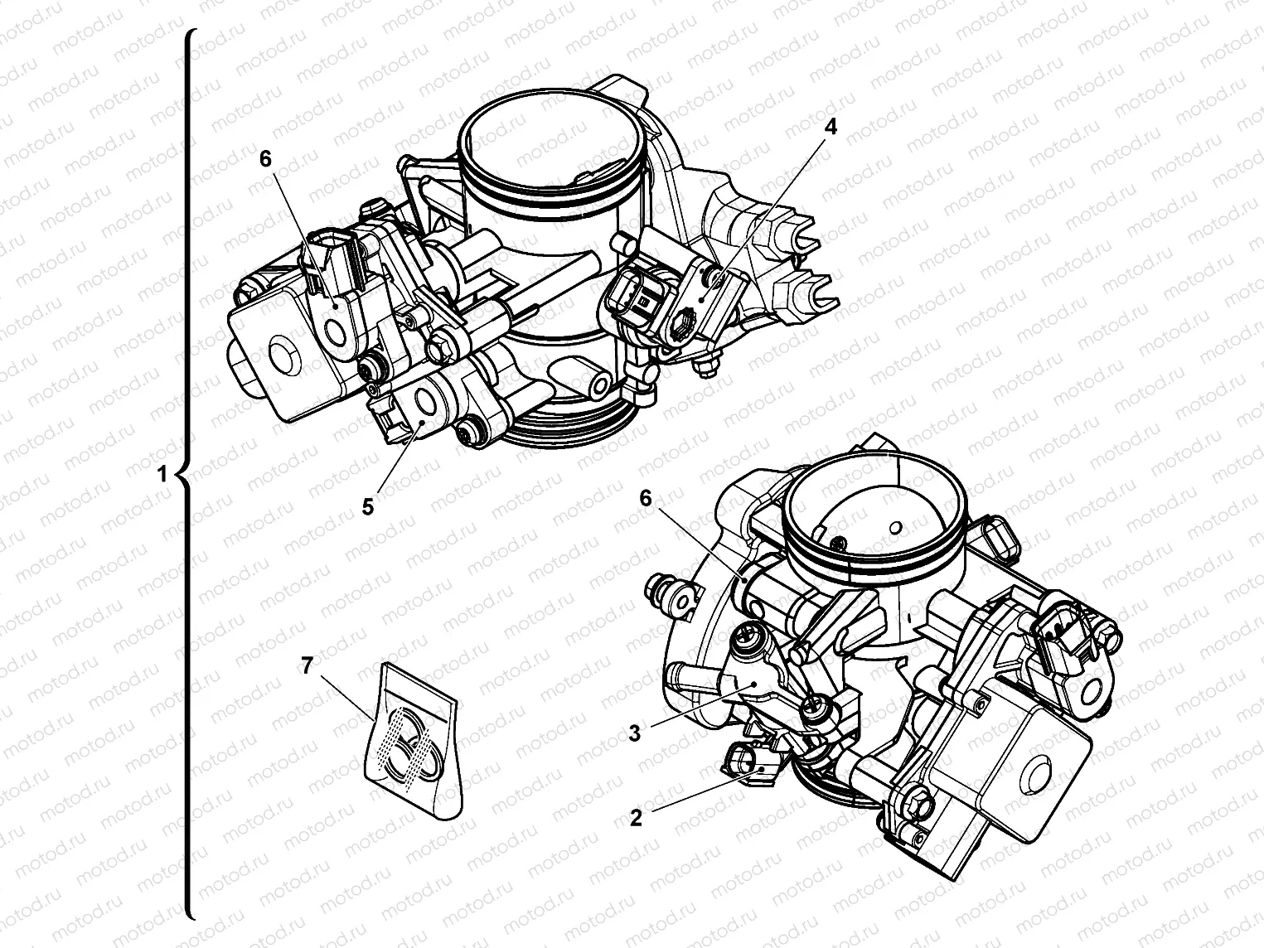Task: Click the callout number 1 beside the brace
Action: pos(162,474)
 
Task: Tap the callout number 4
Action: pos(830,127)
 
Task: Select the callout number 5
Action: pos(368,507)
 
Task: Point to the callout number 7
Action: pos(307,665)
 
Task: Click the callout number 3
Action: pos(634,733)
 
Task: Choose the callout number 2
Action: pos(636,818)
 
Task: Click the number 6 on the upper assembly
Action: pos(265,158)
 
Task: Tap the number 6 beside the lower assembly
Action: pos(646,499)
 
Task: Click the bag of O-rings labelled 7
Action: pos(414,742)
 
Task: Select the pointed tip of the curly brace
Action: pos(176,475)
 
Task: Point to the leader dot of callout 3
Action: pos(754,686)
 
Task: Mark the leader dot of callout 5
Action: pos(422,423)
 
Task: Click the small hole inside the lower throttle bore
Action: pos(895,527)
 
